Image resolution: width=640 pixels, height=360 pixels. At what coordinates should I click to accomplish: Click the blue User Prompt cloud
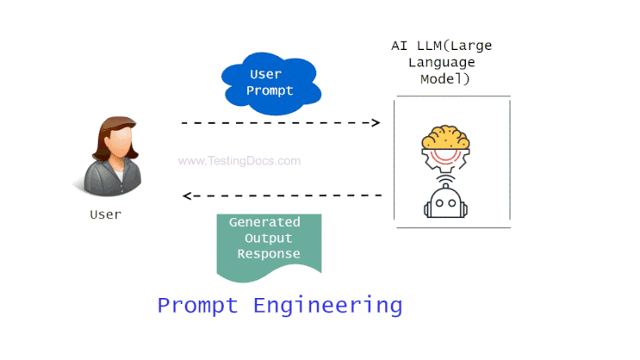pos(271,84)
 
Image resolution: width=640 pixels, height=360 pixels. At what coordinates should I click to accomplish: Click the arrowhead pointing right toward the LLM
pos(376,122)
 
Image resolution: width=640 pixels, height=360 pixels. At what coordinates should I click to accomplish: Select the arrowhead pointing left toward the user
pos(187,196)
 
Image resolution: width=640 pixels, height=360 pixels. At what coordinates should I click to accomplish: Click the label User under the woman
pos(105,214)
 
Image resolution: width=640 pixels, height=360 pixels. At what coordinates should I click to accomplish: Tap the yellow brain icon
pos(445,138)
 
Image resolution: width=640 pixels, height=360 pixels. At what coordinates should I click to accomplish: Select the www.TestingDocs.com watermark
pos(239,161)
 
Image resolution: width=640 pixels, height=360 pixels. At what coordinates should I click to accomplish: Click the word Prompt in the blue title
pos(197,306)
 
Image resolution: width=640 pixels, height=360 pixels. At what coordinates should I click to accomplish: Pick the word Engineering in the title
pos(328,306)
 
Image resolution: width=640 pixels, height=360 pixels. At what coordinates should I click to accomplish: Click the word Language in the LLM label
pos(442,63)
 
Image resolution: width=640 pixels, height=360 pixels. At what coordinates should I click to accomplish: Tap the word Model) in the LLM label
pos(444,78)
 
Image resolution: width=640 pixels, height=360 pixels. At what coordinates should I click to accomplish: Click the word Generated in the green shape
pos(264,222)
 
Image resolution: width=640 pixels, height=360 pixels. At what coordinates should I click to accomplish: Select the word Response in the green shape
pos(269,254)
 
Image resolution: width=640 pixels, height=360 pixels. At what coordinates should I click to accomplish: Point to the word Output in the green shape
pos(269,238)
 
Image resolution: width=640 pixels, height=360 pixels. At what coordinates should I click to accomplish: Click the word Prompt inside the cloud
pos(270,90)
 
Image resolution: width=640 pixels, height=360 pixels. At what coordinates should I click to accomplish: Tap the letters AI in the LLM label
pos(399,46)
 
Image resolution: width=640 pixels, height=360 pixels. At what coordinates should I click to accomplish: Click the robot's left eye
pos(439,203)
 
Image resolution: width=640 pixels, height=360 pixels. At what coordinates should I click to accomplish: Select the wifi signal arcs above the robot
pos(445,179)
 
